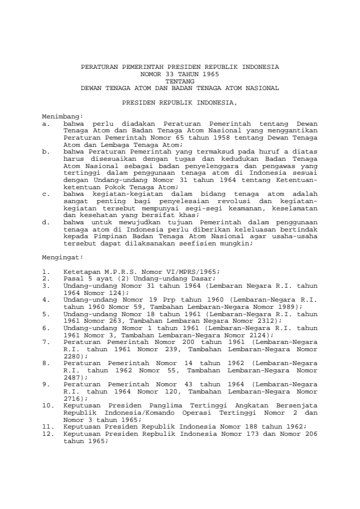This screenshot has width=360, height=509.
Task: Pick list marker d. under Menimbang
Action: pos(45,222)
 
